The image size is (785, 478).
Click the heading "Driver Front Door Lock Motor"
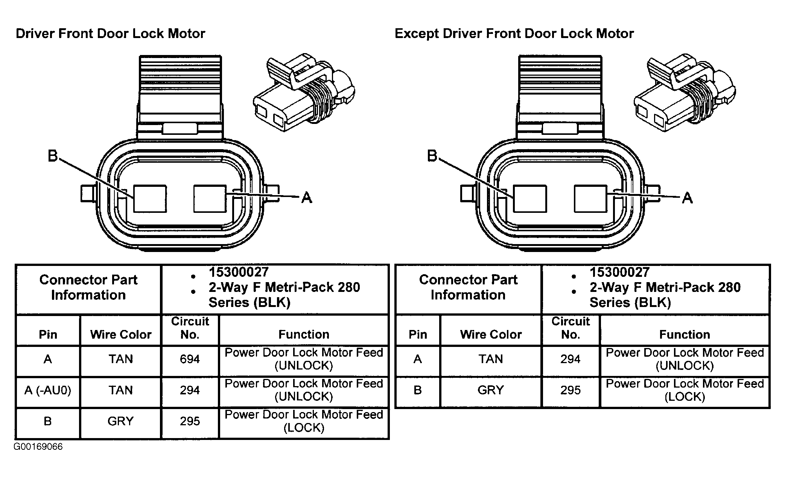click(110, 34)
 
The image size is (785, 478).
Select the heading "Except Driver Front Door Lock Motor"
click(514, 34)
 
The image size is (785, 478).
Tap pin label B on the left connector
click(53, 156)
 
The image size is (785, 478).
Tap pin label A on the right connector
click(687, 197)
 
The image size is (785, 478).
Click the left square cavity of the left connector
click(150, 199)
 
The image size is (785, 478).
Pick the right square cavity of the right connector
click(590, 199)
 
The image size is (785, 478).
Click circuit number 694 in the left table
click(190, 359)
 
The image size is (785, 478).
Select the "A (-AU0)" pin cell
click(48, 390)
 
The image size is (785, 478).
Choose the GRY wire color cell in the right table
click(491, 390)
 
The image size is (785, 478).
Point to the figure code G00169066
click(38, 447)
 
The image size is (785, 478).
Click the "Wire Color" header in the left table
click(121, 334)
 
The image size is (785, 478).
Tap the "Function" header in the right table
click(685, 334)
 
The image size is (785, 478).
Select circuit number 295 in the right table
click(570, 390)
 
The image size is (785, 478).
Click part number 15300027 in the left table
click(239, 272)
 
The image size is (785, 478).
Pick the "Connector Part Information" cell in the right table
click(468, 287)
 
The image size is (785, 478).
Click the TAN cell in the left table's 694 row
click(121, 359)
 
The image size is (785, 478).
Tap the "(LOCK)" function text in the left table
click(304, 428)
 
